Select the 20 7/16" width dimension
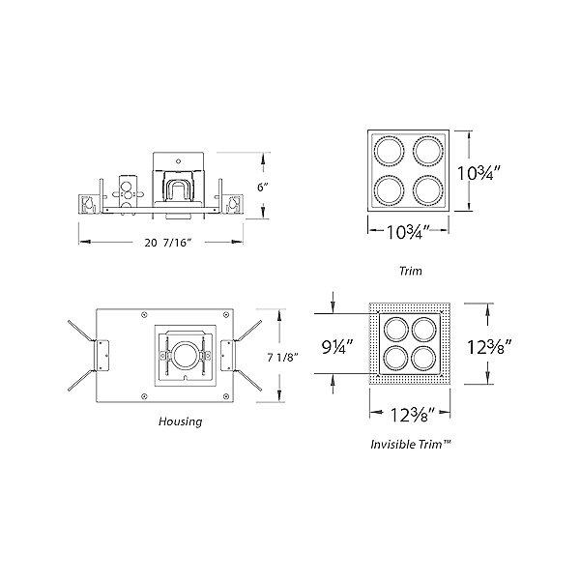tap(162, 243)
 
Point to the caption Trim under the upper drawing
tap(411, 272)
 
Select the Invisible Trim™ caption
tap(413, 446)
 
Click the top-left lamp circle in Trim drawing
tap(387, 151)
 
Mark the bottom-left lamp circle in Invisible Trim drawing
tap(394, 359)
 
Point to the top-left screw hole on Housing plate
tap(144, 313)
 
